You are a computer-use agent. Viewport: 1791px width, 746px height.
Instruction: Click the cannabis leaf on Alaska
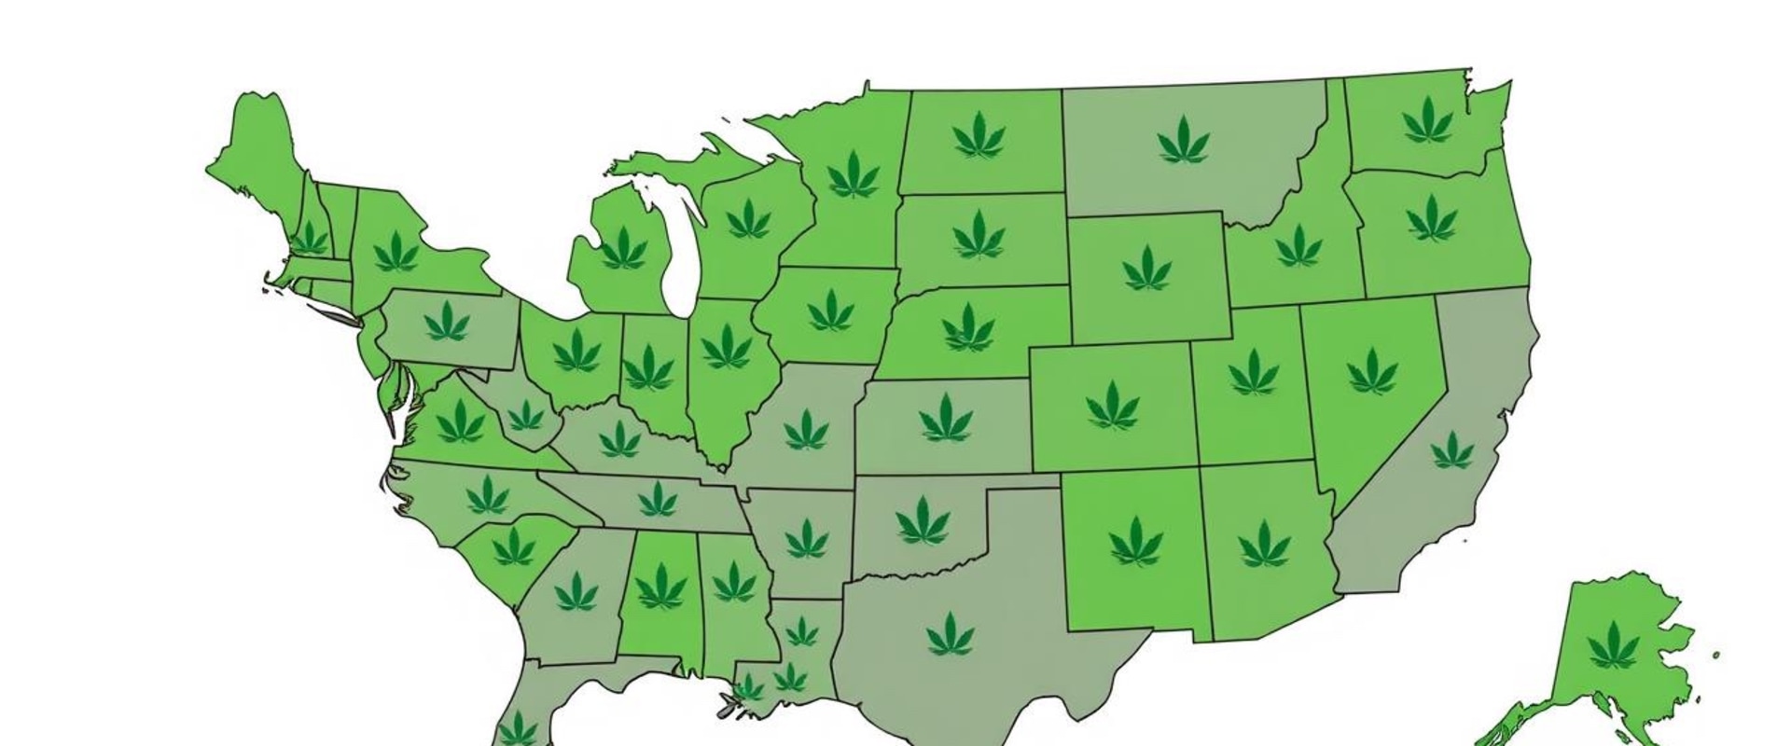[x=1613, y=644]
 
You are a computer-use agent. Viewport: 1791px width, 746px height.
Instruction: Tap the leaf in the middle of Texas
[x=951, y=634]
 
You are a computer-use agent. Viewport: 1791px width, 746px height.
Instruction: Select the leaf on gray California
[x=1452, y=451]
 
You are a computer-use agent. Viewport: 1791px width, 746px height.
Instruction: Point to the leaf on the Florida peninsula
[x=517, y=728]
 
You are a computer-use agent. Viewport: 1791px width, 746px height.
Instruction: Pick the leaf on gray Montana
[x=1183, y=141]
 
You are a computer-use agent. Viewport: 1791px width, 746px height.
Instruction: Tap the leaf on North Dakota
[x=979, y=135]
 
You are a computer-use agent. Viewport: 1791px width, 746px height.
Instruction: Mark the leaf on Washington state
[x=1427, y=120]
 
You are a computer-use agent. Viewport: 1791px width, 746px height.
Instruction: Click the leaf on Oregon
[x=1431, y=218]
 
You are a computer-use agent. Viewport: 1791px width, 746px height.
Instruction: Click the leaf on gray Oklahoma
[x=923, y=520]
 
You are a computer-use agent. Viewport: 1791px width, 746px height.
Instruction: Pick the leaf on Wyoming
[x=1146, y=268]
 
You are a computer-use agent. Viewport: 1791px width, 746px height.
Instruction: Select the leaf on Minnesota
[x=853, y=174]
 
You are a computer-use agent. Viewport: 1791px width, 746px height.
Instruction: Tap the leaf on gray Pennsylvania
[x=447, y=322]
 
